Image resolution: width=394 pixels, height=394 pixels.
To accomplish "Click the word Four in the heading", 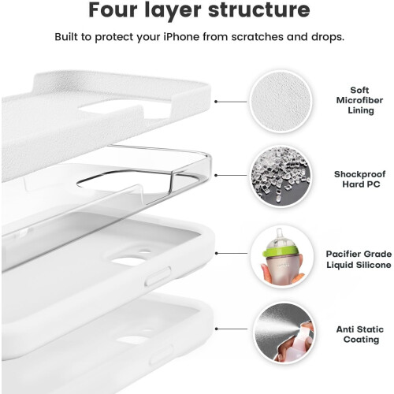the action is click(x=113, y=10).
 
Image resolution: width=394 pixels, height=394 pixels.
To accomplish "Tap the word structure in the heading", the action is click(x=259, y=10).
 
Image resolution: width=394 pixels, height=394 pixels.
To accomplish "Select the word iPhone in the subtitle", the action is click(x=181, y=37).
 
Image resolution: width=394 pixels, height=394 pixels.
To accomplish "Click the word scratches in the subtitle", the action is click(x=257, y=37).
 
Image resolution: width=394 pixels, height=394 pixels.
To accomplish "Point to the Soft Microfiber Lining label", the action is click(x=360, y=100).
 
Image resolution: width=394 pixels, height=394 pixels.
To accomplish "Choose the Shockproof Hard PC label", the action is click(x=360, y=179).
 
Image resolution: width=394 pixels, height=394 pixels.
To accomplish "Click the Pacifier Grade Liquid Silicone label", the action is click(x=359, y=259).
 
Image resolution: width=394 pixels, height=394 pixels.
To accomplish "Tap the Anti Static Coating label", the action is click(x=360, y=334).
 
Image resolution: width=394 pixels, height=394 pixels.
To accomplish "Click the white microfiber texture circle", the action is click(x=281, y=102).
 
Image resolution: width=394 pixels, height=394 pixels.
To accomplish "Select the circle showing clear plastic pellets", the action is click(x=281, y=176).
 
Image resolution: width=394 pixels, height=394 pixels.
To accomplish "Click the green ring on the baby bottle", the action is click(x=281, y=251).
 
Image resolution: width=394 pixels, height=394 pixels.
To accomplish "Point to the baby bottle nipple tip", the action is click(x=280, y=231).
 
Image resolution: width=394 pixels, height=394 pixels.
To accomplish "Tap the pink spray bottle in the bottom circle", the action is click(x=305, y=339).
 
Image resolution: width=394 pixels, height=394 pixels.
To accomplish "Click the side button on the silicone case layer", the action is click(x=158, y=276).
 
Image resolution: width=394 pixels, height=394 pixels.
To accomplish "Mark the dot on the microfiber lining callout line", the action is click(x=216, y=102).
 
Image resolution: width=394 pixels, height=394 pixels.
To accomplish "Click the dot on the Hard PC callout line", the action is click(x=216, y=175).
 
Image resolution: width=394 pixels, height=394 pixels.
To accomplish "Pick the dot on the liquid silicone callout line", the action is click(x=216, y=253).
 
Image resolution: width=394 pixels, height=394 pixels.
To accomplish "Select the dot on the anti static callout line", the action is click(x=217, y=329).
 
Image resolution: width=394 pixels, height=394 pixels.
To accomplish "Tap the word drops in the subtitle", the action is click(x=328, y=37).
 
